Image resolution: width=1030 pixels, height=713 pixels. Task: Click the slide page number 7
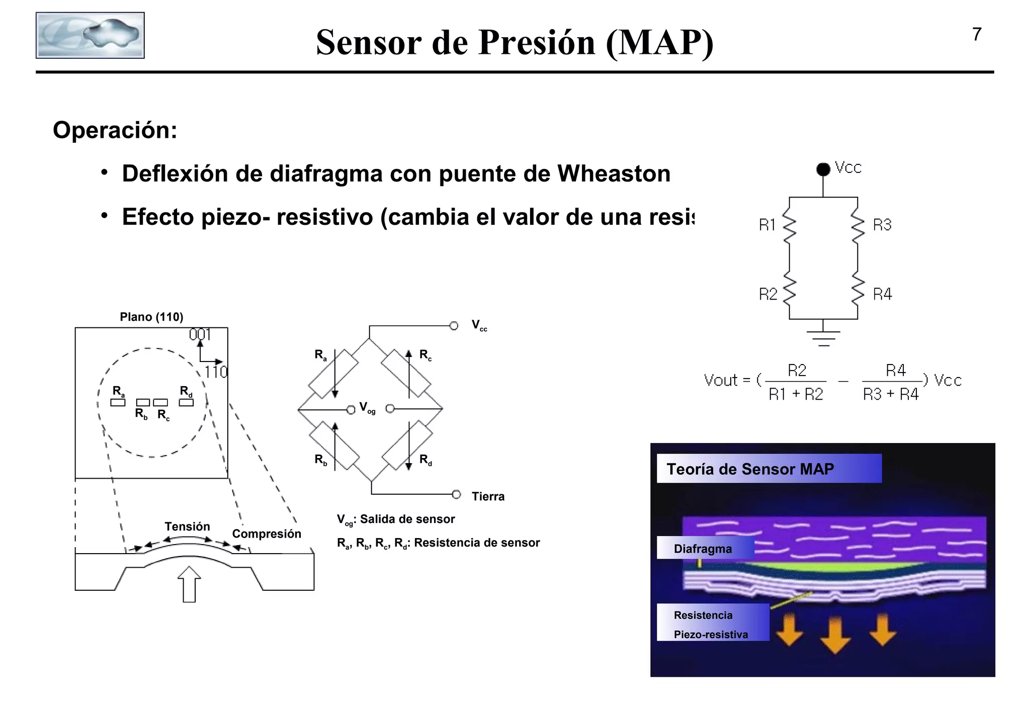point(977,35)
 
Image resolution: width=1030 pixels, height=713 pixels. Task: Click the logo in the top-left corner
point(90,36)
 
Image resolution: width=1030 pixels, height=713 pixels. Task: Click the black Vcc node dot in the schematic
point(823,169)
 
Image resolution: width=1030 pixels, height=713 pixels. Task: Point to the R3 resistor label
point(882,225)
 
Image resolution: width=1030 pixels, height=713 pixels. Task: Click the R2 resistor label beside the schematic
point(768,294)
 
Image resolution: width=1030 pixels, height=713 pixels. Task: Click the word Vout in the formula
point(720,380)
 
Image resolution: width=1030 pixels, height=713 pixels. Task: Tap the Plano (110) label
point(151,317)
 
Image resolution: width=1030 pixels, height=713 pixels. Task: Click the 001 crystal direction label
point(200,334)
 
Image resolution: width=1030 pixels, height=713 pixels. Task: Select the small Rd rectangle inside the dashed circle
point(186,402)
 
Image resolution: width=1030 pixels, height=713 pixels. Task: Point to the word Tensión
point(187,526)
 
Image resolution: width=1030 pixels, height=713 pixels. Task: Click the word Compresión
point(267,534)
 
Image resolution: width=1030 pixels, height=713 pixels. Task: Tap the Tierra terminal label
point(488,497)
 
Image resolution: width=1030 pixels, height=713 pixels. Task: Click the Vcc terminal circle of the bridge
point(454,326)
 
